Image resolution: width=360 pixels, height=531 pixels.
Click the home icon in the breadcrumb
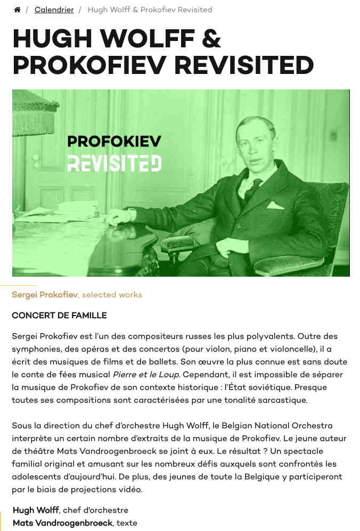pyautogui.click(x=17, y=10)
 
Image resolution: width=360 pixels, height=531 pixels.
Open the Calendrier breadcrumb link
pyautogui.click(x=54, y=10)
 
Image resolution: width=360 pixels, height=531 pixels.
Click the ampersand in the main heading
pyautogui.click(x=210, y=39)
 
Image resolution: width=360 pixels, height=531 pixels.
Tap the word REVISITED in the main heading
pyautogui.click(x=244, y=65)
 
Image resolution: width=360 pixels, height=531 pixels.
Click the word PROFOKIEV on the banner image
pyautogui.click(x=114, y=142)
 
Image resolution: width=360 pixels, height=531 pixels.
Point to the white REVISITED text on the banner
pyautogui.click(x=114, y=163)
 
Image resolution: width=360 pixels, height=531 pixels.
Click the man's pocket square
pyautogui.click(x=275, y=205)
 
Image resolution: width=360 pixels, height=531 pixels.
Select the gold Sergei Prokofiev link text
pyautogui.click(x=45, y=295)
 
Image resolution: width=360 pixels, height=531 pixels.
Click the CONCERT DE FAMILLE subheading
pyautogui.click(x=59, y=316)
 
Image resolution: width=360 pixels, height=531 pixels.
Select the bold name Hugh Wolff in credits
pyautogui.click(x=36, y=510)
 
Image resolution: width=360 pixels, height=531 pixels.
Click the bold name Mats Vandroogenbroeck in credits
pyautogui.click(x=63, y=523)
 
